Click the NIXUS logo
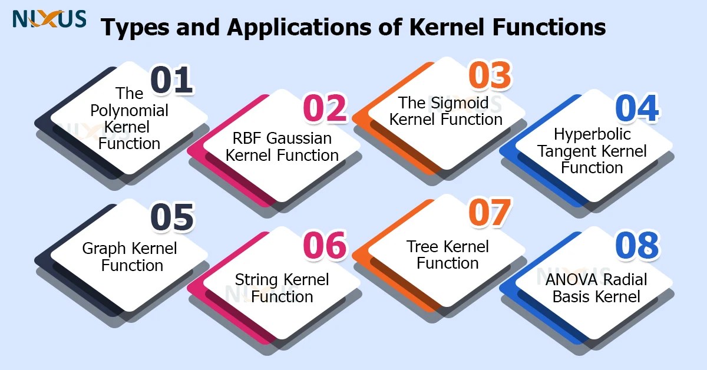point(49,19)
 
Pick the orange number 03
point(490,77)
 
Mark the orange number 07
point(489,213)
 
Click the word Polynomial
point(130,110)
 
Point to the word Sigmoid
point(461,103)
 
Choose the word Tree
point(422,246)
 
